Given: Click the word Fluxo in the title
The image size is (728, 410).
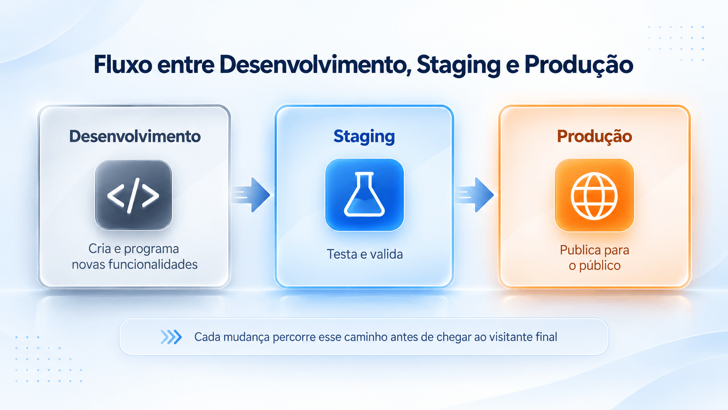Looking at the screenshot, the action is [123, 64].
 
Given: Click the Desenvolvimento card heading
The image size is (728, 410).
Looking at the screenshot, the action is [135, 136].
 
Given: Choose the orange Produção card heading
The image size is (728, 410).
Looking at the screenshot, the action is [594, 136].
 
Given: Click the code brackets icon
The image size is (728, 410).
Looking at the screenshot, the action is [133, 195].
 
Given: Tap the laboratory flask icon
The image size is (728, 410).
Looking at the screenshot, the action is [364, 195].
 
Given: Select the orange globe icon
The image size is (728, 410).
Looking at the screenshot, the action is [594, 195].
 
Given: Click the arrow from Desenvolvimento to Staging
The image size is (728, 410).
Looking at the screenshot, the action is [251, 195].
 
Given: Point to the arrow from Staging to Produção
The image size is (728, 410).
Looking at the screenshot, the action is [475, 195].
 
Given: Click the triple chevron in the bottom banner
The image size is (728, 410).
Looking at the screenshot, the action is [171, 337].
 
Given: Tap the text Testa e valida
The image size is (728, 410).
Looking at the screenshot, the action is [364, 254].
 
